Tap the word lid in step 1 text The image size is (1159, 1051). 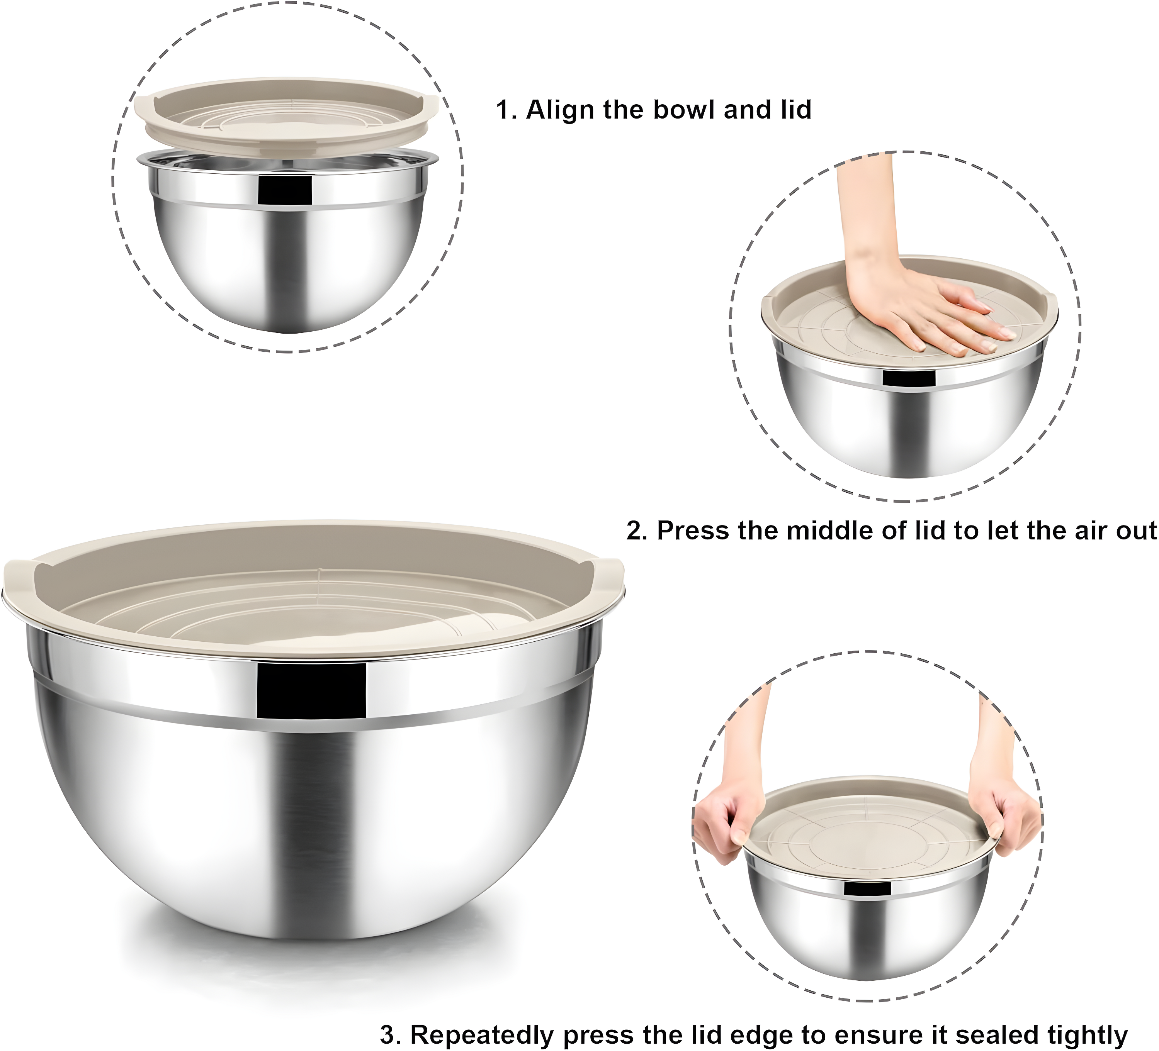[x=796, y=109]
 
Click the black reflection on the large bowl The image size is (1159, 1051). [x=311, y=691]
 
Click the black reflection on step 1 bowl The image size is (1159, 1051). [x=285, y=190]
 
